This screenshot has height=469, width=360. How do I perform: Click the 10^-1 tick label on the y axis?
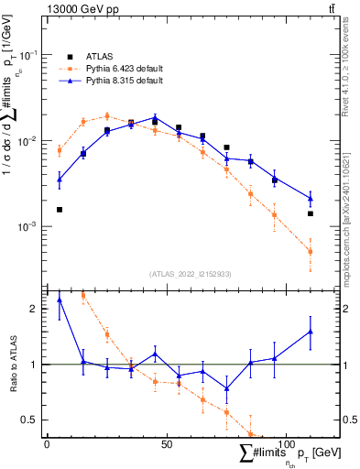tap(30, 55)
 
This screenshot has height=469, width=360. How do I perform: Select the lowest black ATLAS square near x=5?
tap(60, 210)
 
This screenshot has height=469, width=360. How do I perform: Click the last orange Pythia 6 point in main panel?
tap(311, 252)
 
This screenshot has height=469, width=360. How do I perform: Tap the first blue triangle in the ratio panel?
tap(60, 300)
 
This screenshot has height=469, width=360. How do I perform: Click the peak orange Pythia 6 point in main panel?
tap(107, 116)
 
